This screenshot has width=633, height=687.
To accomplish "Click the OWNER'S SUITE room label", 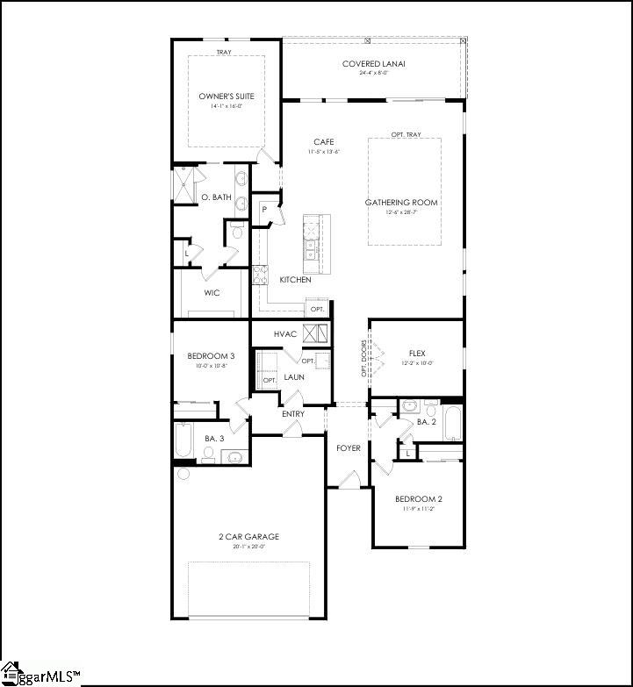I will click(x=226, y=97).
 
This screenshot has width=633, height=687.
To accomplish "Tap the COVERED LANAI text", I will click(x=372, y=64).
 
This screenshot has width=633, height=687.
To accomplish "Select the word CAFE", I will click(x=323, y=142).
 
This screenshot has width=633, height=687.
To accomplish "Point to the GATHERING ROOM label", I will click(x=401, y=203).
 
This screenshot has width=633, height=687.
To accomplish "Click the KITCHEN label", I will click(x=295, y=280).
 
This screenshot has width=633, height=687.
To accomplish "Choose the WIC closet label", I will click(x=212, y=293).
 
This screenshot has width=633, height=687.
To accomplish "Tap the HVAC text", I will click(x=286, y=334).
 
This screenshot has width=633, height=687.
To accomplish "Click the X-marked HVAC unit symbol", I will click(x=315, y=333).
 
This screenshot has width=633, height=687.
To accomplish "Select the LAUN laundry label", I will click(x=294, y=377).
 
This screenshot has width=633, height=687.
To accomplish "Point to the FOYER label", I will click(x=349, y=448).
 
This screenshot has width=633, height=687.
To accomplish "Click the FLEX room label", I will click(x=416, y=354).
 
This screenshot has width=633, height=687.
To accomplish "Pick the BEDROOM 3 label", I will click(x=211, y=356).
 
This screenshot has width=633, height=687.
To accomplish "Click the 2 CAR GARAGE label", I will click(x=250, y=537).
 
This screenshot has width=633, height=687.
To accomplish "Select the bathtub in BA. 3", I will click(x=183, y=440).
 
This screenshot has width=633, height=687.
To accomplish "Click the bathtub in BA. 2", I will click(x=453, y=423).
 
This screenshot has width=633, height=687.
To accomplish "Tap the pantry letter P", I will click(x=263, y=210).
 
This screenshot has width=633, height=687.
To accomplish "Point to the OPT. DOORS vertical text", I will click(x=363, y=358).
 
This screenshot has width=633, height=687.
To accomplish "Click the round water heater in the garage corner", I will click(x=183, y=474).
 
